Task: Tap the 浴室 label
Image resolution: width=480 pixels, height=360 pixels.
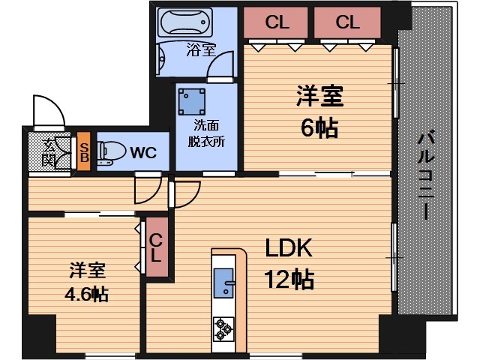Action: (200, 50)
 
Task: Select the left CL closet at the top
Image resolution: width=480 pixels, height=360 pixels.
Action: (277, 22)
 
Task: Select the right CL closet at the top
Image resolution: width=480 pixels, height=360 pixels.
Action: (347, 22)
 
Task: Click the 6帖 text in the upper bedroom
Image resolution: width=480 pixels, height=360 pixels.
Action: (319, 127)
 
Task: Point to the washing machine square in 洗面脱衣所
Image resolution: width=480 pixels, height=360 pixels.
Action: (193, 100)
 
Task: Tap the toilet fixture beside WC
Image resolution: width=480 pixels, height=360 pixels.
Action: (111, 153)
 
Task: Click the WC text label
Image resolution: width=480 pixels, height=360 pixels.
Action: (143, 153)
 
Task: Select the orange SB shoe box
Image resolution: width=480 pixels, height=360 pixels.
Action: (84, 153)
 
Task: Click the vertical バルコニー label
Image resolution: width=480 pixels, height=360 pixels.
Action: (427, 175)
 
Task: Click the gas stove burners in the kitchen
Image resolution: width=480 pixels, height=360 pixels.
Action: (224, 327)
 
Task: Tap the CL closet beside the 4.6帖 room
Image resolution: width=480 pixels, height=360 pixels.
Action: (156, 248)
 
